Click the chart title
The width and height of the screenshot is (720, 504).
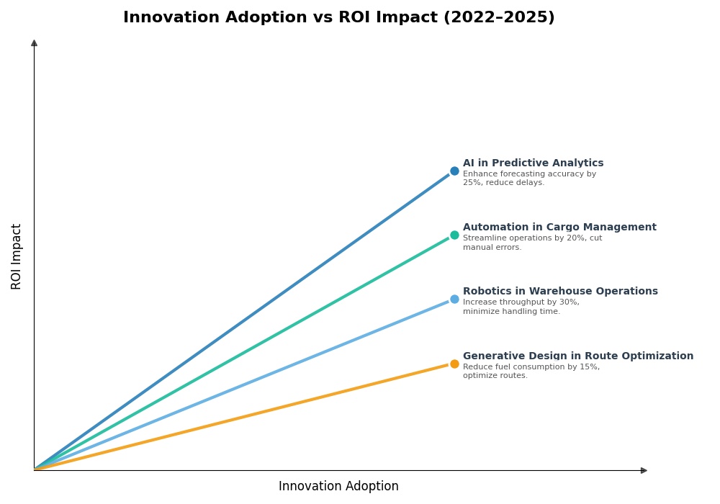tap(338, 17)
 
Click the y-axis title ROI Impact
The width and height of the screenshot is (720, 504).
tap(17, 256)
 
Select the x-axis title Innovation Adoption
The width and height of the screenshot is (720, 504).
tap(338, 487)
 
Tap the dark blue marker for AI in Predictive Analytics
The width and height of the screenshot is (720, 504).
tap(454, 171)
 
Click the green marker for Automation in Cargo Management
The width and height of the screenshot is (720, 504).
tap(454, 235)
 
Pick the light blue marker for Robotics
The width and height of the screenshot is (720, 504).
tap(454, 300)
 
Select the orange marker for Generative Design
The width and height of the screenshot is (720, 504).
tap(454, 364)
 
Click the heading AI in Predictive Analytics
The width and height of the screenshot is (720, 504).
tap(533, 163)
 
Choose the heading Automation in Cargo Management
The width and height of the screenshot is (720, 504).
tap(559, 228)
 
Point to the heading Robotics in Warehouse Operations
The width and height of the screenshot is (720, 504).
tap(560, 292)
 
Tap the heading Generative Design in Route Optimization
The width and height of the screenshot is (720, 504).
tap(578, 356)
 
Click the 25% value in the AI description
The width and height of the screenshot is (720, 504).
tap(472, 183)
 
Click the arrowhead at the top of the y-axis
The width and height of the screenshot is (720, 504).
tap(34, 43)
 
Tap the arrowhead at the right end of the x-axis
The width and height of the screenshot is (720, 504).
tap(644, 471)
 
